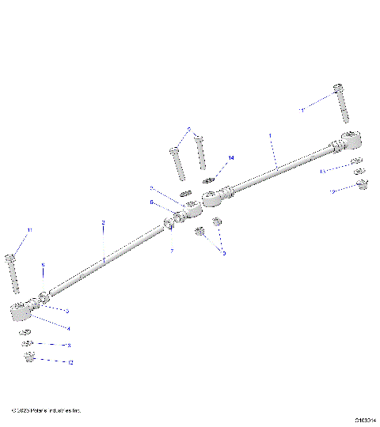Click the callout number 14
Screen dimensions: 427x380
[x=231, y=158]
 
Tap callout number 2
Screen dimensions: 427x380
[x=102, y=223]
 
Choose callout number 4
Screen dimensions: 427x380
[x=68, y=327]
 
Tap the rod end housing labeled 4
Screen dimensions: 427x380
[x=21, y=311]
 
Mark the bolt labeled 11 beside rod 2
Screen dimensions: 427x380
[x=11, y=273]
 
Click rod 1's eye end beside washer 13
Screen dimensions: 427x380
[x=351, y=140]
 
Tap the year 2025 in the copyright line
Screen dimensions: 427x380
[x=23, y=410]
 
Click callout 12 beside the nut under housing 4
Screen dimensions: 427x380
[x=70, y=363]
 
